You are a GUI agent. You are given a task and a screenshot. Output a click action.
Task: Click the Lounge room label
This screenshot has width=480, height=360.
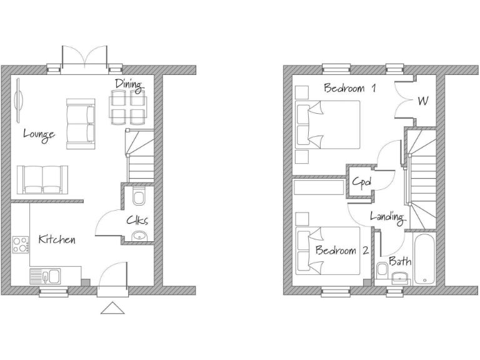[x=39, y=134]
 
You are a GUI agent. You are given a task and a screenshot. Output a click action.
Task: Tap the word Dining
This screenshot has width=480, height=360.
[x=128, y=84]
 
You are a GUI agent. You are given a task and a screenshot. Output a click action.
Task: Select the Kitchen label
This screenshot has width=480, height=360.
[x=57, y=239]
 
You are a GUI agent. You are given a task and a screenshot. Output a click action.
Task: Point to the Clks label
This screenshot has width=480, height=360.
[x=137, y=219]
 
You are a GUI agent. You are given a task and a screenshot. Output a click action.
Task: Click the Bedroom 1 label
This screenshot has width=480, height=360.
[x=349, y=88]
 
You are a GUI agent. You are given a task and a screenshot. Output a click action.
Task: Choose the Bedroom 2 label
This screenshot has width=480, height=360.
[x=341, y=251]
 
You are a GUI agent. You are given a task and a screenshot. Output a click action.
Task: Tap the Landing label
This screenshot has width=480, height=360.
[x=387, y=217]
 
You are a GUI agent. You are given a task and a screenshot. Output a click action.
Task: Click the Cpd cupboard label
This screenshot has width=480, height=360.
[x=362, y=182]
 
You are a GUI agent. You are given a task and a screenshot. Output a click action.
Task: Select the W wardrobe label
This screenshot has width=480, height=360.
[x=422, y=100]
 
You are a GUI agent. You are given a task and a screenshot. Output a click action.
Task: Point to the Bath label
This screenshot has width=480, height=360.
[x=400, y=261]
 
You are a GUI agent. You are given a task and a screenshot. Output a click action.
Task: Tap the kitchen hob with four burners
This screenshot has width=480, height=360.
[x=21, y=244]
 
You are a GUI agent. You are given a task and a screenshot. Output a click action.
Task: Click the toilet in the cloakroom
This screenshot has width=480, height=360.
[x=138, y=197]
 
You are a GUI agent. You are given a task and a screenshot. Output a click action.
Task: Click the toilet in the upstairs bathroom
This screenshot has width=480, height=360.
[x=381, y=271]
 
